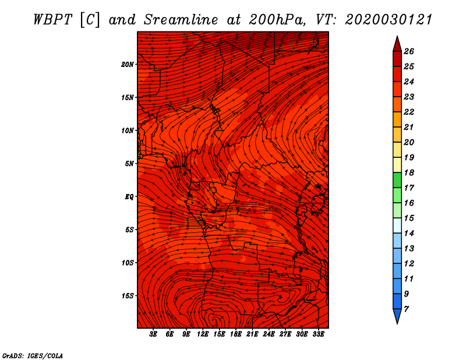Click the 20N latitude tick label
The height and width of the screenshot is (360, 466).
[x=127, y=65]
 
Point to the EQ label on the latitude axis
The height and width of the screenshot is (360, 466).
[x=129, y=197]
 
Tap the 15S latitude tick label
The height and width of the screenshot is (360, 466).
[x=127, y=296]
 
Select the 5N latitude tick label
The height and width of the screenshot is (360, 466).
[x=129, y=164]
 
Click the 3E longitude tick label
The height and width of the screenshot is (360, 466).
[x=153, y=334]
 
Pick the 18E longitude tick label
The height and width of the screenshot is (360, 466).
[x=236, y=334]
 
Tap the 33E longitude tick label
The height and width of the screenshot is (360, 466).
[x=318, y=334]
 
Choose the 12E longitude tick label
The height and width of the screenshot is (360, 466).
[x=203, y=334]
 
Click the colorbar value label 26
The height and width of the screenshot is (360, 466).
[x=409, y=51]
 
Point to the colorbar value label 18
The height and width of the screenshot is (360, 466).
[x=409, y=172]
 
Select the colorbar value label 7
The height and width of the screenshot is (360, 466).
[x=406, y=309]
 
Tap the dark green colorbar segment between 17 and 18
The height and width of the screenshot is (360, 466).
[x=397, y=180]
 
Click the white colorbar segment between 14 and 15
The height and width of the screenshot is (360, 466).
[x=397, y=225]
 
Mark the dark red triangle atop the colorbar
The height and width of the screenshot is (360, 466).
[x=397, y=44]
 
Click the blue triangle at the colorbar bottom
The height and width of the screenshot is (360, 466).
[x=397, y=316]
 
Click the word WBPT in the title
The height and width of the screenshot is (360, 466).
[x=52, y=20]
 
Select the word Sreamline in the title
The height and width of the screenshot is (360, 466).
[x=181, y=20]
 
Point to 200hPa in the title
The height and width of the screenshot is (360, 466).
[x=277, y=20]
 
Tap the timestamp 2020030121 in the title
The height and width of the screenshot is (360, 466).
[x=389, y=20]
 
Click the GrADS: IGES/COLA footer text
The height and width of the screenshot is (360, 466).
[x=33, y=355]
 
